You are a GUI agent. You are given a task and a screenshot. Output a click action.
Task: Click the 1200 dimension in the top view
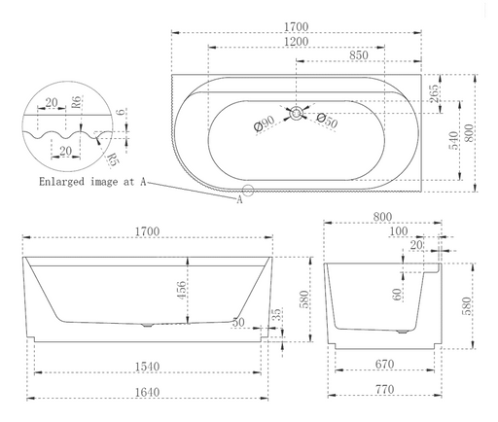pyautogui.click(x=297, y=42)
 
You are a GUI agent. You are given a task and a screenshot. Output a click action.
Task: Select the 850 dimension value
pyautogui.click(x=358, y=56)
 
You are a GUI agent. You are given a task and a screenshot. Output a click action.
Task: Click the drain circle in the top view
pyautogui.click(x=295, y=113)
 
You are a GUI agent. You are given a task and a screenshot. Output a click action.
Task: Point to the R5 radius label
pyautogui.click(x=113, y=158)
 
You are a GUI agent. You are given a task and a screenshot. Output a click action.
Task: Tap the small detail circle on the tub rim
pyautogui.click(x=248, y=191)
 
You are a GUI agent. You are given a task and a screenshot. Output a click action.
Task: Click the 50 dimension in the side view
pyautogui.click(x=238, y=320)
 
